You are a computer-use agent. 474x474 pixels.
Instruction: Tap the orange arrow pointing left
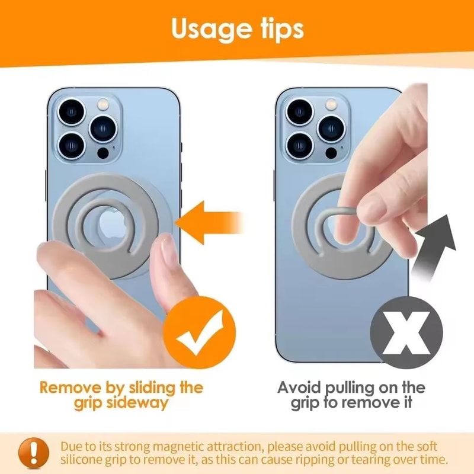pyautogui.click(x=213, y=222)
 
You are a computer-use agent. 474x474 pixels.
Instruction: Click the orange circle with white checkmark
pyautogui.click(x=198, y=332)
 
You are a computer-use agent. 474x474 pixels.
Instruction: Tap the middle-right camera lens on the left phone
pyautogui.click(x=103, y=128)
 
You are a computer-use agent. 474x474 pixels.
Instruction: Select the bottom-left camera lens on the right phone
pyautogui.click(x=299, y=144)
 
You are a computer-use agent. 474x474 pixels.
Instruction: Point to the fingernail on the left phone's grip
pyautogui.click(x=168, y=252)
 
